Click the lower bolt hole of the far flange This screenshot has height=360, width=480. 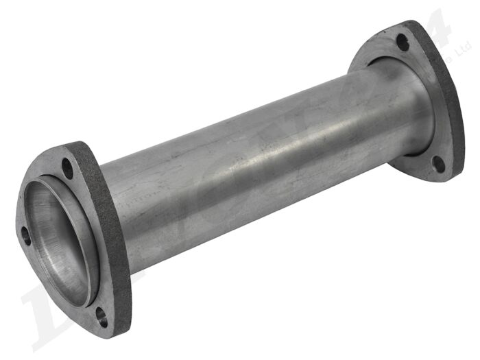(437, 163)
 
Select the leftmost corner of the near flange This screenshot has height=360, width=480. (17, 223)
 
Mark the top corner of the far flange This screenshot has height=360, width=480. (411, 22)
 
